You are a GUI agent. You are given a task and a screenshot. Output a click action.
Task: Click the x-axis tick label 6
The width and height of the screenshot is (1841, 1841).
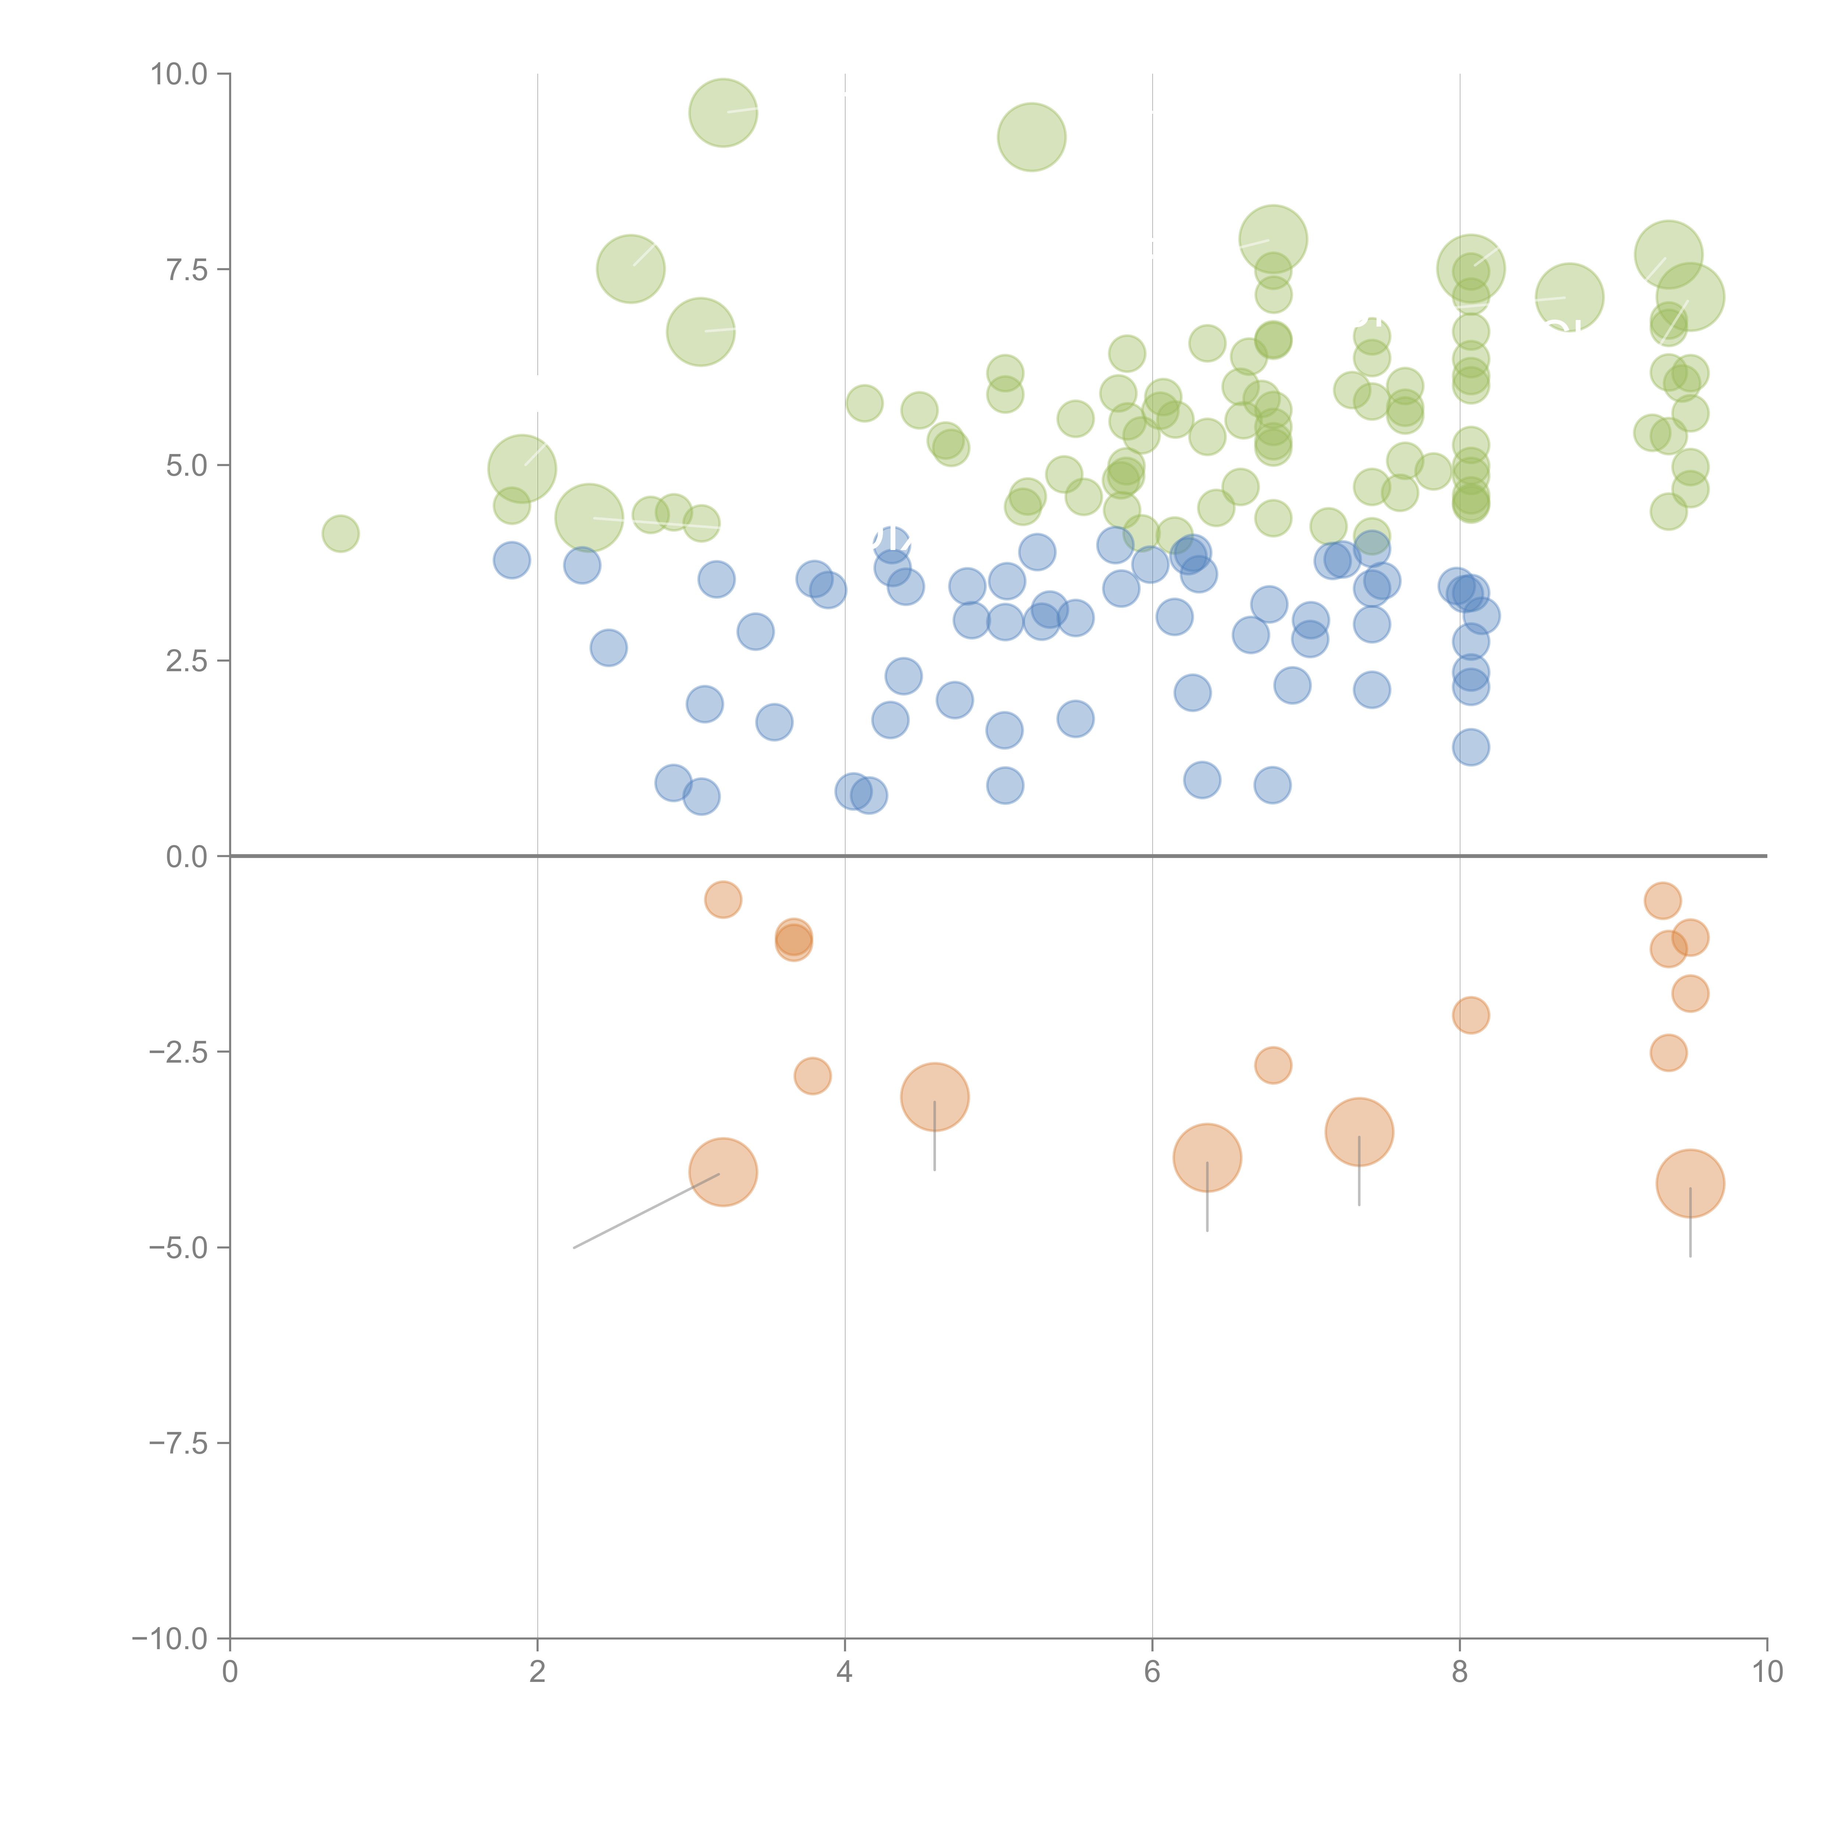pyautogui.click(x=1152, y=1672)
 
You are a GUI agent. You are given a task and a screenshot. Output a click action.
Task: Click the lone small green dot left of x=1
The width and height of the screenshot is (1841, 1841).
pyautogui.click(x=340, y=534)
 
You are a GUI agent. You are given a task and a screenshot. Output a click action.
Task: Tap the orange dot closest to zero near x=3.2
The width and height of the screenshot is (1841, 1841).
pyautogui.click(x=723, y=900)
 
